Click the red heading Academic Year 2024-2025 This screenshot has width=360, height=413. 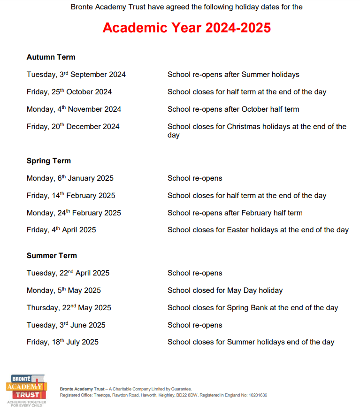[x=186, y=28]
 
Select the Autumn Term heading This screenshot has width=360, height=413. [x=51, y=57]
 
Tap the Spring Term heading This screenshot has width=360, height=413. [x=49, y=161]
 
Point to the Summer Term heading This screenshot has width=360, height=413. [x=52, y=256]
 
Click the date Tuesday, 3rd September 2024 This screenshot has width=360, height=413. [x=76, y=75]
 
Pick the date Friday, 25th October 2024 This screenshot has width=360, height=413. [x=69, y=92]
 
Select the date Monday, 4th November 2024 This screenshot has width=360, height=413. [x=74, y=109]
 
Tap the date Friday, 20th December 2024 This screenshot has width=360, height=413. [x=73, y=127]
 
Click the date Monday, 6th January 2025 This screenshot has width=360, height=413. [x=70, y=178]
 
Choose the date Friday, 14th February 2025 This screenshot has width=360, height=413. [x=71, y=196]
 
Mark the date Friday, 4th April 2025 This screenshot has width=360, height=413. [x=61, y=230]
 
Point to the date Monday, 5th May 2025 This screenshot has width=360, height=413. [x=63, y=291]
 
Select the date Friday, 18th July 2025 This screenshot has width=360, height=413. [x=62, y=342]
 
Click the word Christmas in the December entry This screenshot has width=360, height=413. [x=245, y=127]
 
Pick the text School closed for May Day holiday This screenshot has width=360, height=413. [x=225, y=291]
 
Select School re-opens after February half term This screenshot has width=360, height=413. [x=235, y=213]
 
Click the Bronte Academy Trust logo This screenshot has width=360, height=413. [x=26, y=390]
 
